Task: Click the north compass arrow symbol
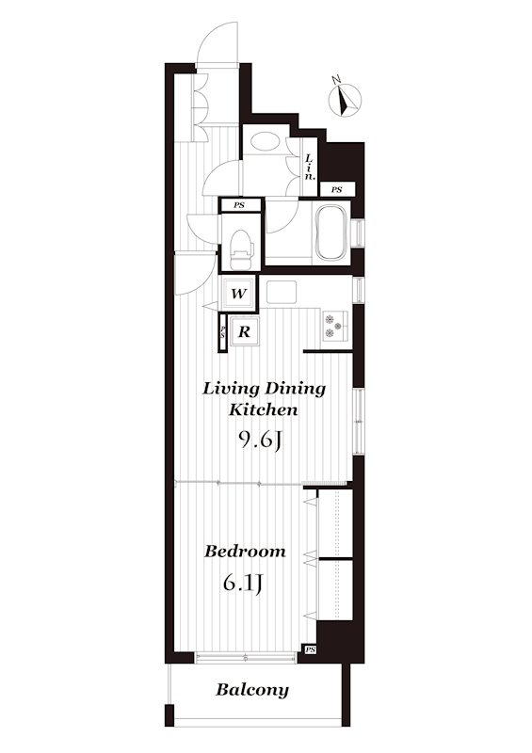point(347,96)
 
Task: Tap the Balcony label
point(252,690)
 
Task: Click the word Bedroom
point(245,552)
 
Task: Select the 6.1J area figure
point(242,584)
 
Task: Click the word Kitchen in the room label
point(265,409)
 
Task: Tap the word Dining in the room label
point(297,388)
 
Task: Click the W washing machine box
point(239,295)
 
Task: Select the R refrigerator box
point(243,331)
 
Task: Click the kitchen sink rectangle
point(281,291)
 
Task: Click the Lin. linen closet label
point(310,166)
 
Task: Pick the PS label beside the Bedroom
point(310,649)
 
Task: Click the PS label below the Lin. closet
point(336,190)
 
